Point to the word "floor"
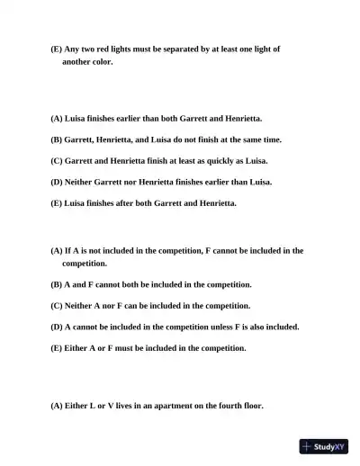click(253, 406)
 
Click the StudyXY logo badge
click(324, 446)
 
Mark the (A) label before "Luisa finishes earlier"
click(57, 118)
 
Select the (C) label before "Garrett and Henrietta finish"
click(57, 160)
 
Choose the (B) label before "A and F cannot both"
click(57, 283)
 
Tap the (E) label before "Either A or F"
click(57, 347)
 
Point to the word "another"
click(77, 62)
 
